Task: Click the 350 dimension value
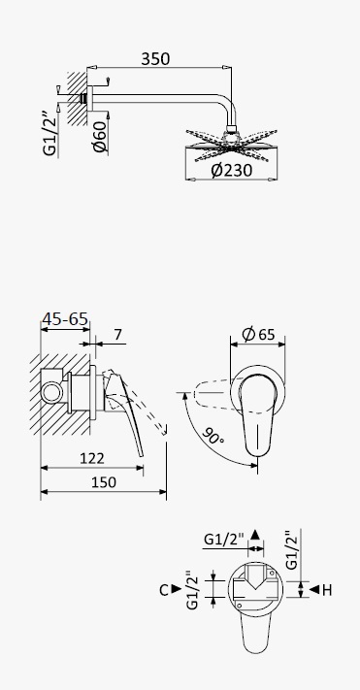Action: tap(155, 58)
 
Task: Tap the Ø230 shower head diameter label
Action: tap(232, 170)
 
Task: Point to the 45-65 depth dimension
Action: tap(65, 318)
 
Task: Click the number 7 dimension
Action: tap(117, 335)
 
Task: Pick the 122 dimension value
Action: tap(92, 458)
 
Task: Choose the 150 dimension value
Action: tap(104, 482)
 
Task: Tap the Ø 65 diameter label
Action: tap(258, 335)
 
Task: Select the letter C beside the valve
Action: tap(164, 590)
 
